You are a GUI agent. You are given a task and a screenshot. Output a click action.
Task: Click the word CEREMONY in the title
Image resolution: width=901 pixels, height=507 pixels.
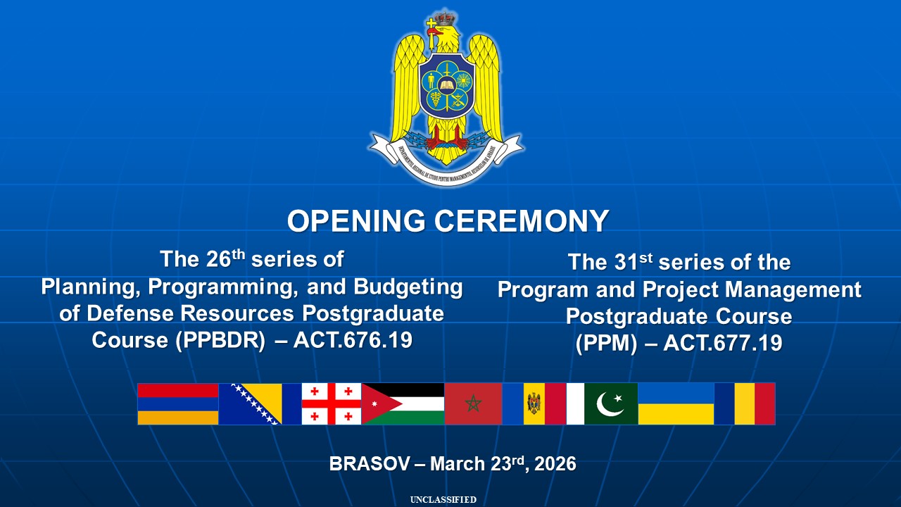coord(522,221)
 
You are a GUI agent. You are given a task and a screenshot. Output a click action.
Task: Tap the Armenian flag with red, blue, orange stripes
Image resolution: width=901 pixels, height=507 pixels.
coord(177,404)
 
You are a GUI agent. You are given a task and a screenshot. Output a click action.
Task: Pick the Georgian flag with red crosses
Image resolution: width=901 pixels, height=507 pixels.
coord(332,404)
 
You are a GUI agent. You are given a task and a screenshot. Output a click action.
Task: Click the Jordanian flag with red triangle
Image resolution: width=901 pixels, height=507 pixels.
coord(403,404)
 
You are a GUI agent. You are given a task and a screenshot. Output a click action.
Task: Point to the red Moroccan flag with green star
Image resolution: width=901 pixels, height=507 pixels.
coord(473,404)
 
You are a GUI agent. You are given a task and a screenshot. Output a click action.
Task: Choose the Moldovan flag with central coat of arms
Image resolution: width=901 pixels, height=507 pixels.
coord(534,404)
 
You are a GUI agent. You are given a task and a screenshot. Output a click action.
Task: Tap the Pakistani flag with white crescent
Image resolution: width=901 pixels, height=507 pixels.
coord(603,404)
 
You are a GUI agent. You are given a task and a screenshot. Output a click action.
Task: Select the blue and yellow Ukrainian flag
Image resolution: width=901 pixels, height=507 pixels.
coord(676,404)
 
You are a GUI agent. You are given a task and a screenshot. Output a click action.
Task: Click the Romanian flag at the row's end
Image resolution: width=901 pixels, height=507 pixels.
coord(745,404)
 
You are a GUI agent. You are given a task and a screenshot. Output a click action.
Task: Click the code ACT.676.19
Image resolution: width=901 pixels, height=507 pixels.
coord(353,340)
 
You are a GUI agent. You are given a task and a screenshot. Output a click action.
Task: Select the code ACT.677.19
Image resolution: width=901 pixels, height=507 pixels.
coord(723,344)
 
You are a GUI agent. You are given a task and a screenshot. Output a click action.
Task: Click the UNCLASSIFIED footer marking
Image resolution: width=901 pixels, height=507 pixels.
coord(443,500)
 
